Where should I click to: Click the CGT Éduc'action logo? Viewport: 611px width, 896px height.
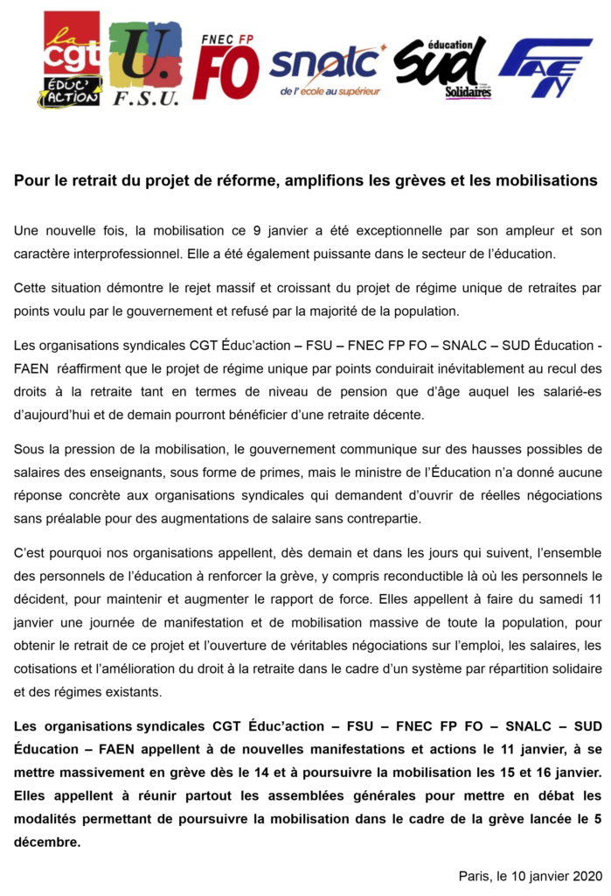72,59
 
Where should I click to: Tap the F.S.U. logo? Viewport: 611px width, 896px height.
145,63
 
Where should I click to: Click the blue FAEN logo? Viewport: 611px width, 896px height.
545,66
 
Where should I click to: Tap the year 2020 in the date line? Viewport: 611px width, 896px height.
587,875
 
